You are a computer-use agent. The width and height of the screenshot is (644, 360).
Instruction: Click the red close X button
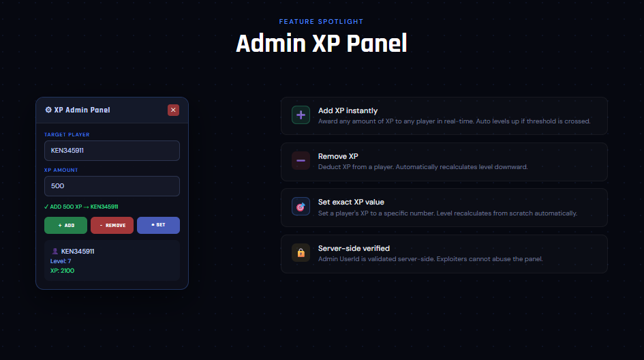[x=173, y=110]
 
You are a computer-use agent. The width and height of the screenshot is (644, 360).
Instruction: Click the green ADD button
[x=65, y=225]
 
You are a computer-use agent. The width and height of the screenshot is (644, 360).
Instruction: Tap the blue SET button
[x=158, y=225]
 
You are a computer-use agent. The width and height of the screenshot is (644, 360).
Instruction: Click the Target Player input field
[x=112, y=151]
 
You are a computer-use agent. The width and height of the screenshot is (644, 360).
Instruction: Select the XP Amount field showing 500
[x=112, y=186]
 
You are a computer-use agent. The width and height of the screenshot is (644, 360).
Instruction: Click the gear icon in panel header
[x=48, y=110]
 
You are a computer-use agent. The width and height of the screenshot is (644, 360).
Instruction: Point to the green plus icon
[x=301, y=116]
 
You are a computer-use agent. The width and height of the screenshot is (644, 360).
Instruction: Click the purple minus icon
[x=301, y=162]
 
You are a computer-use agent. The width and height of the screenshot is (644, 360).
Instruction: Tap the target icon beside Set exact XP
[x=301, y=207]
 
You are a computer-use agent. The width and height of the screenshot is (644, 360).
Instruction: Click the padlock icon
[x=301, y=254]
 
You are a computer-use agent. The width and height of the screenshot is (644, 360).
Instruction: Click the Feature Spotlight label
[x=321, y=22]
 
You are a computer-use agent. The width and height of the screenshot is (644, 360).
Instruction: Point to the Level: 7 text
[x=61, y=261]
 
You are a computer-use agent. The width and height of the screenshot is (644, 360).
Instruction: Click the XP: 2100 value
[x=62, y=271]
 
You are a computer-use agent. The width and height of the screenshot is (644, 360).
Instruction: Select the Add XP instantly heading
[x=348, y=110]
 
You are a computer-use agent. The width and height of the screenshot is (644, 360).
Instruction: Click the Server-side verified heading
[x=354, y=248]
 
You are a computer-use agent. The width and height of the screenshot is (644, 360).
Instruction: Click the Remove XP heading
[x=338, y=156]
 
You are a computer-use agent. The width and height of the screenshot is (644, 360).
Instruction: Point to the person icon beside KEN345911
[x=55, y=251]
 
